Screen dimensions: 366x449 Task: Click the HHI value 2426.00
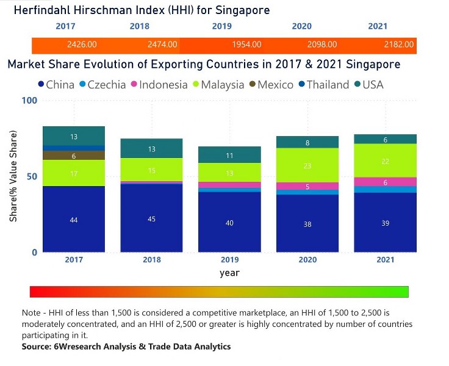click(x=82, y=45)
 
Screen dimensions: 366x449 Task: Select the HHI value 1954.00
click(x=246, y=45)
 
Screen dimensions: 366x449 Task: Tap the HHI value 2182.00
click(x=399, y=45)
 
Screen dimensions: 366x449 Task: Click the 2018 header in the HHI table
click(x=139, y=26)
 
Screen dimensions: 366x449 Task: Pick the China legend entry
click(x=56, y=85)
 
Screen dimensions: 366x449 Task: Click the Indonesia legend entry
click(x=157, y=85)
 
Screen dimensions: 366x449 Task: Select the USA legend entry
click(x=367, y=85)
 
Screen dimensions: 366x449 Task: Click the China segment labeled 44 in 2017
click(x=74, y=220)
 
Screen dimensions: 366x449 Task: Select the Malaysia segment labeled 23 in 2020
click(x=307, y=165)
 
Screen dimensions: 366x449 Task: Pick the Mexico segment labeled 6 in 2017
click(x=74, y=156)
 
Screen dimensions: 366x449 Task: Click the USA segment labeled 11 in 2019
click(x=229, y=155)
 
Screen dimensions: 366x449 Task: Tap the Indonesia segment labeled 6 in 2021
click(x=385, y=182)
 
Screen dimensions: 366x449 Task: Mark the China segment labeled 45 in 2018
click(x=151, y=219)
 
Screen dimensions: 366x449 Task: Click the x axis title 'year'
click(x=229, y=273)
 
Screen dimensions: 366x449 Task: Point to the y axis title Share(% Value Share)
click(x=13, y=176)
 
